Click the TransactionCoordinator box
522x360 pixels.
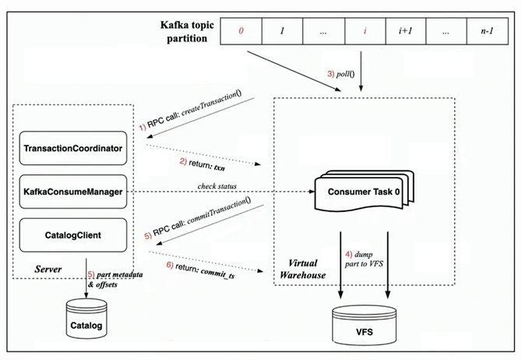coord(73,148)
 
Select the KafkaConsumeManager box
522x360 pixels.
coord(73,192)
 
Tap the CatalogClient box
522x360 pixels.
coord(73,235)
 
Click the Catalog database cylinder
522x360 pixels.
coord(86,319)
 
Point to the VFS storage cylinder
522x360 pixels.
coord(364,326)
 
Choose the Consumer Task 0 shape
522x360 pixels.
coord(364,191)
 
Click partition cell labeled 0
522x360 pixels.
coord(241,31)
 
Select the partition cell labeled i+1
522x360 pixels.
coord(405,31)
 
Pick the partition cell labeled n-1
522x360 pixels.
coord(488,31)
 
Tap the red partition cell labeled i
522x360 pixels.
coord(365,31)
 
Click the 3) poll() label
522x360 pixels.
coord(341,73)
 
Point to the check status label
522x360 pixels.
coord(217,186)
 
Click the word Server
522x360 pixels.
coord(48,269)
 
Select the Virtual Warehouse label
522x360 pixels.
coord(302,269)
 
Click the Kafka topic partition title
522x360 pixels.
coord(187,32)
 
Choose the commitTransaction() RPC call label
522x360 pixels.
coord(198,218)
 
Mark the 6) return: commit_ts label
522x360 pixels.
coord(200,270)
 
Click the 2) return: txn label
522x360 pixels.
coord(202,164)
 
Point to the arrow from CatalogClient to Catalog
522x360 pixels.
coord(86,278)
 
